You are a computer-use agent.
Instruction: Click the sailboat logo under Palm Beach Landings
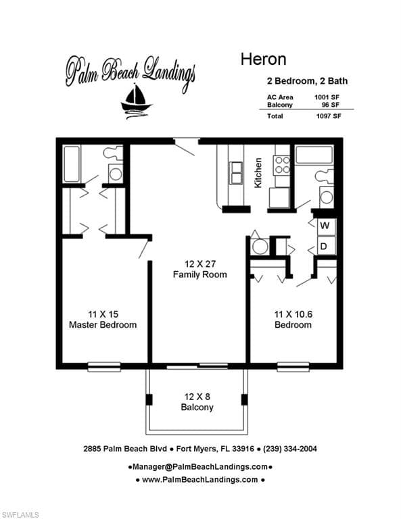136,101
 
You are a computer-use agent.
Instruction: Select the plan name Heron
263,59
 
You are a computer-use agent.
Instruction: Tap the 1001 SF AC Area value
327,97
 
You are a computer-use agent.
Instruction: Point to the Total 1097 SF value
329,116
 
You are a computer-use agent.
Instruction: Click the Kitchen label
258,173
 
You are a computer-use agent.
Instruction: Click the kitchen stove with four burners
282,165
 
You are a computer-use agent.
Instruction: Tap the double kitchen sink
236,172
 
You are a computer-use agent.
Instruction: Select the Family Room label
200,274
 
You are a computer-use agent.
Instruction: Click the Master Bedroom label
103,324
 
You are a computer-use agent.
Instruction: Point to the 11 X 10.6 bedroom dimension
293,314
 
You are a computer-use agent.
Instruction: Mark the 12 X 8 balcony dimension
197,397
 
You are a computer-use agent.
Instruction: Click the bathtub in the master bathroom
72,164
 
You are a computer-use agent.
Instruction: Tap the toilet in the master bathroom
113,152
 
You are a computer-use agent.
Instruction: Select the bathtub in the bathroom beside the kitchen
314,155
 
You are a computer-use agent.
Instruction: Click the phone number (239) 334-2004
289,449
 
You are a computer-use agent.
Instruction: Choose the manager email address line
200,467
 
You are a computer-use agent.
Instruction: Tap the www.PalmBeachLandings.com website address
200,480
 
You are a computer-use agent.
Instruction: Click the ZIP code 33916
243,449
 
